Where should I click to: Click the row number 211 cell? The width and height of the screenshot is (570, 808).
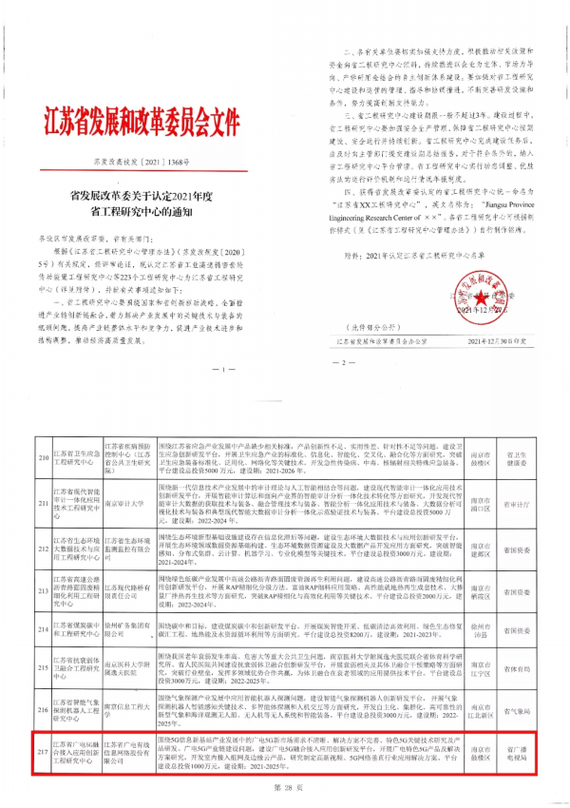[41, 504]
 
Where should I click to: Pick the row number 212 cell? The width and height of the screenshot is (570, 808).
[41, 549]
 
